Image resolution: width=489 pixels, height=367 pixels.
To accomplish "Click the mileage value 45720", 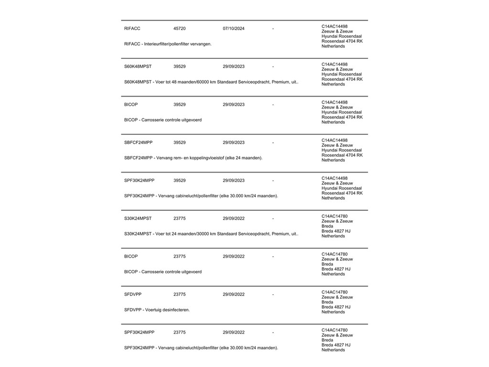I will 180,29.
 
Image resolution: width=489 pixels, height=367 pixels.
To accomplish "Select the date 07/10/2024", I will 234,29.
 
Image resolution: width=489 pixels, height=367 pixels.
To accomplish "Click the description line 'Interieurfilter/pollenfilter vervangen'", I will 168,44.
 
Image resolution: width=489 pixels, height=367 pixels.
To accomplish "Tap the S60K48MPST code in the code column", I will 138,66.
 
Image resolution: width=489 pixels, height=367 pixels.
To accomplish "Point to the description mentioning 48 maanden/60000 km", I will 211,82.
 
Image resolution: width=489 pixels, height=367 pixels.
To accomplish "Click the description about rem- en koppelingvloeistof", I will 193,158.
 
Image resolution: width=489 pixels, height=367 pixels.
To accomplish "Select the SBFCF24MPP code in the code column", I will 138,142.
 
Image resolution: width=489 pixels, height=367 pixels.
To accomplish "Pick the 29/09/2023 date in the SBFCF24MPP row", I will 234,142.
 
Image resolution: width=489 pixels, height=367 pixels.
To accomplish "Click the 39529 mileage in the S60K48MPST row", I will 180,66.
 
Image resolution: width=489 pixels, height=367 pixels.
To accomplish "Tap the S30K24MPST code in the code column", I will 138,218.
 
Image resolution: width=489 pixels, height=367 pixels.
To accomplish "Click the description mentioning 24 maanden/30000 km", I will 211,234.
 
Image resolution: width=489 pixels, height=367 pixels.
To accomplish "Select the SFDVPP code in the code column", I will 133,294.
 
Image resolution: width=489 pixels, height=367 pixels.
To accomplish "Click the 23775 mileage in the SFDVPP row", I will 180,294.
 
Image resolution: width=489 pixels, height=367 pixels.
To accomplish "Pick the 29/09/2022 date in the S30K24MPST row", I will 234,218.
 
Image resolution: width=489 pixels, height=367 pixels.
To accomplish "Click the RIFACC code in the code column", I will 132,29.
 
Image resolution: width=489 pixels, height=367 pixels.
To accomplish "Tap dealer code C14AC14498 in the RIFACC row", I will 334,26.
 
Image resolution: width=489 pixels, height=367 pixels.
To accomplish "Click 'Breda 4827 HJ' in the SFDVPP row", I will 336,307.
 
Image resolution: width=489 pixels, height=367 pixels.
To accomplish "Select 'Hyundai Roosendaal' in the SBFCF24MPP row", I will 341,150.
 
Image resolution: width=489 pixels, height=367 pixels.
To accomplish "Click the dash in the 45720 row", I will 273,29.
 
